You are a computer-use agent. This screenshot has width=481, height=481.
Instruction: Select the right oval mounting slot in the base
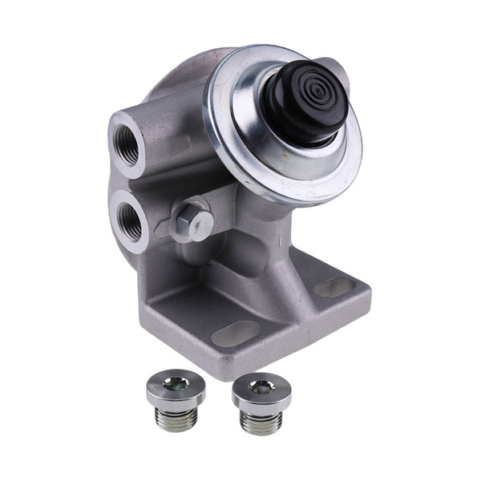click(334, 287)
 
